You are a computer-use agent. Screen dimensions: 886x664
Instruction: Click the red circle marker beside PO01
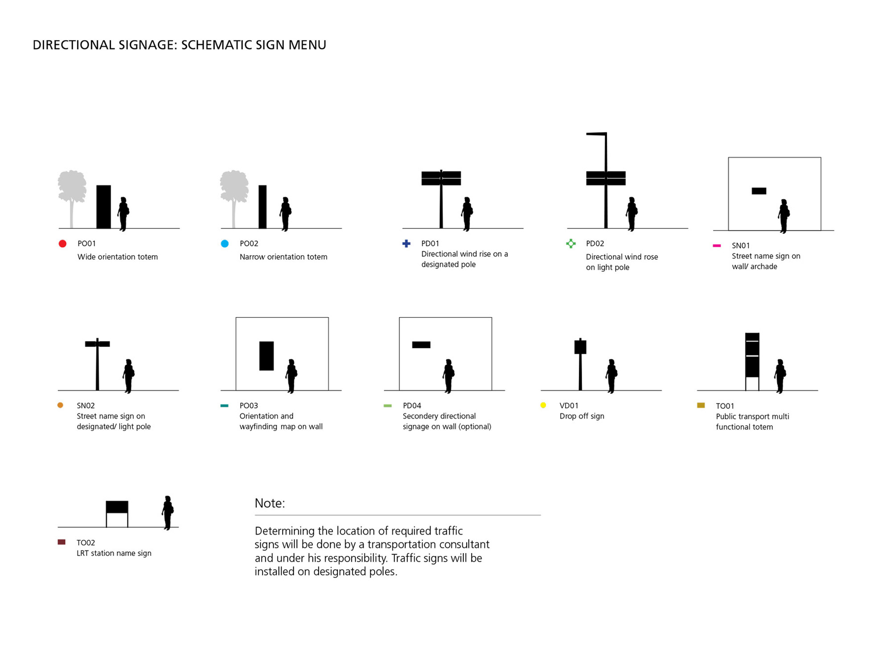click(62, 244)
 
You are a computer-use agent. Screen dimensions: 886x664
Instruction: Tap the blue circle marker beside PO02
click(225, 244)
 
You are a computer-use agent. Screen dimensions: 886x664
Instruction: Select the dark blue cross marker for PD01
click(406, 244)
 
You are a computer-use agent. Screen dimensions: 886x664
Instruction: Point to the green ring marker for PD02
click(570, 244)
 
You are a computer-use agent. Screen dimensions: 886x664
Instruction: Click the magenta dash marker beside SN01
click(717, 245)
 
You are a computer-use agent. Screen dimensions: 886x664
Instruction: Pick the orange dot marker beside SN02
click(60, 405)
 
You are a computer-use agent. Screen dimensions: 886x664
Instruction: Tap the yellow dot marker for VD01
click(543, 405)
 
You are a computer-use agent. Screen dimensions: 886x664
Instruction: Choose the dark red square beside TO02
click(62, 542)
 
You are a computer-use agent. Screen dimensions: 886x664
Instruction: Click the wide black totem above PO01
click(103, 207)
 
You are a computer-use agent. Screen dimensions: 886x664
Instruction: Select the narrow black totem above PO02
click(263, 207)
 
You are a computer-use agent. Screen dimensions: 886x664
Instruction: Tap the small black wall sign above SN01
click(759, 191)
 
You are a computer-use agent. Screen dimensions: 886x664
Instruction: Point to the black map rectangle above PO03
click(267, 356)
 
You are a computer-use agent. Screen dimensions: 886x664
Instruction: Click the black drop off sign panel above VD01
click(580, 347)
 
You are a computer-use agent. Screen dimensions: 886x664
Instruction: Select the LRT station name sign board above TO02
click(117, 507)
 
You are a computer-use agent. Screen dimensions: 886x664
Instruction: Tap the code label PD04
click(412, 406)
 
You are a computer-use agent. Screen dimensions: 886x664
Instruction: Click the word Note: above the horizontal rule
click(270, 503)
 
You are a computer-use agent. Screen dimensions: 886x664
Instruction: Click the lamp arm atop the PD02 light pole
click(596, 134)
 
